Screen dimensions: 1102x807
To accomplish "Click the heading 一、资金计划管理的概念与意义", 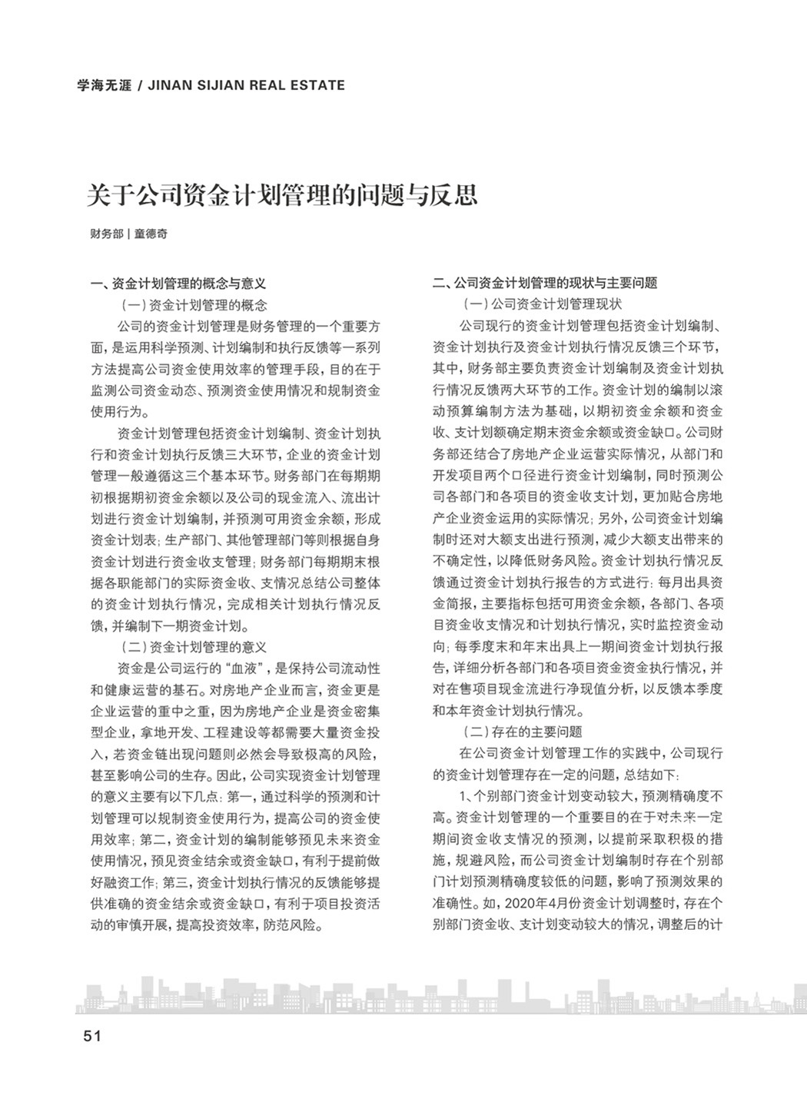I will point(178,284).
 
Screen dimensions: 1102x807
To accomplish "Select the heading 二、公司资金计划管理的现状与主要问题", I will point(545,284).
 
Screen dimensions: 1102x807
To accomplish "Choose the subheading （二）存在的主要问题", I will point(522,732).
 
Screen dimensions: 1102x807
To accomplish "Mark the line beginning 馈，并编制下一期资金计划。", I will point(169,626).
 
